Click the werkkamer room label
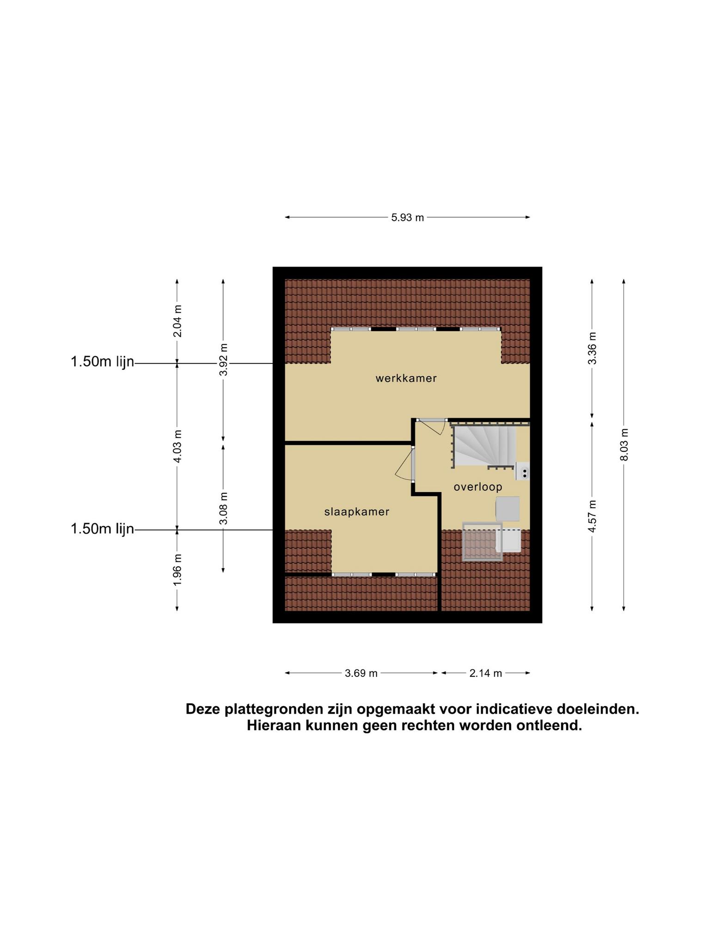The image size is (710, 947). point(406,379)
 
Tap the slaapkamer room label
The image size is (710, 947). point(357,512)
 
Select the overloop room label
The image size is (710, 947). point(477,487)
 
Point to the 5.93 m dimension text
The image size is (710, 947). point(407,217)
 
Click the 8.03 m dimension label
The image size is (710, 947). point(624,444)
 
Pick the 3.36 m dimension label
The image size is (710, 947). point(592,348)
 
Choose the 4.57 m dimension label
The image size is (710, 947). point(592,516)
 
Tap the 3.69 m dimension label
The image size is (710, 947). point(361,673)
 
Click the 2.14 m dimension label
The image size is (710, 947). point(485,673)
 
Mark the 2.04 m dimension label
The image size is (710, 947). point(177,321)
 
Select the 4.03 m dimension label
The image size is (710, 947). point(177,446)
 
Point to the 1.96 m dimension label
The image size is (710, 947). point(177,569)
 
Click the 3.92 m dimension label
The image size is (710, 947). point(223,360)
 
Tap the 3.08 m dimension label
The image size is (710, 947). point(223,508)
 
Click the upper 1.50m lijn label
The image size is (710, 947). point(102,362)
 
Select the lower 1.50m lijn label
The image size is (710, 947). point(102,529)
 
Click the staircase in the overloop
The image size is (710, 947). point(484,446)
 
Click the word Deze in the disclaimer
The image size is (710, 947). point(203,709)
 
